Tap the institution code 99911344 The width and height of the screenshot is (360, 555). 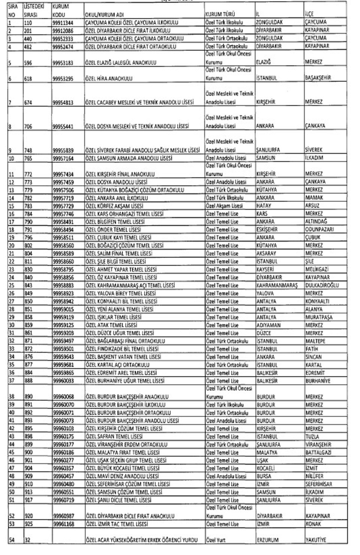coord(63,22)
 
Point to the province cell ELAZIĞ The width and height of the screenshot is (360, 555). coord(264,62)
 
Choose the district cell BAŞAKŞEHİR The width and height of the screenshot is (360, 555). coord(318,78)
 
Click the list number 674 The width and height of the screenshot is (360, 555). coord(28,102)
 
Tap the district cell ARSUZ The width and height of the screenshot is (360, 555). coord(312,205)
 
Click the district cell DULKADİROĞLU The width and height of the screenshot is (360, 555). coord(322,285)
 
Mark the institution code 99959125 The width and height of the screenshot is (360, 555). coord(63,325)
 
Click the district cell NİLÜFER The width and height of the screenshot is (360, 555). coord(314,476)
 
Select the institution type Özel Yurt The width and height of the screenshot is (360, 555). coord(215,540)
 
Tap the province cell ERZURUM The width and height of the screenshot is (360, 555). coord(268,540)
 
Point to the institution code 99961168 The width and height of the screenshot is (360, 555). coord(63,524)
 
